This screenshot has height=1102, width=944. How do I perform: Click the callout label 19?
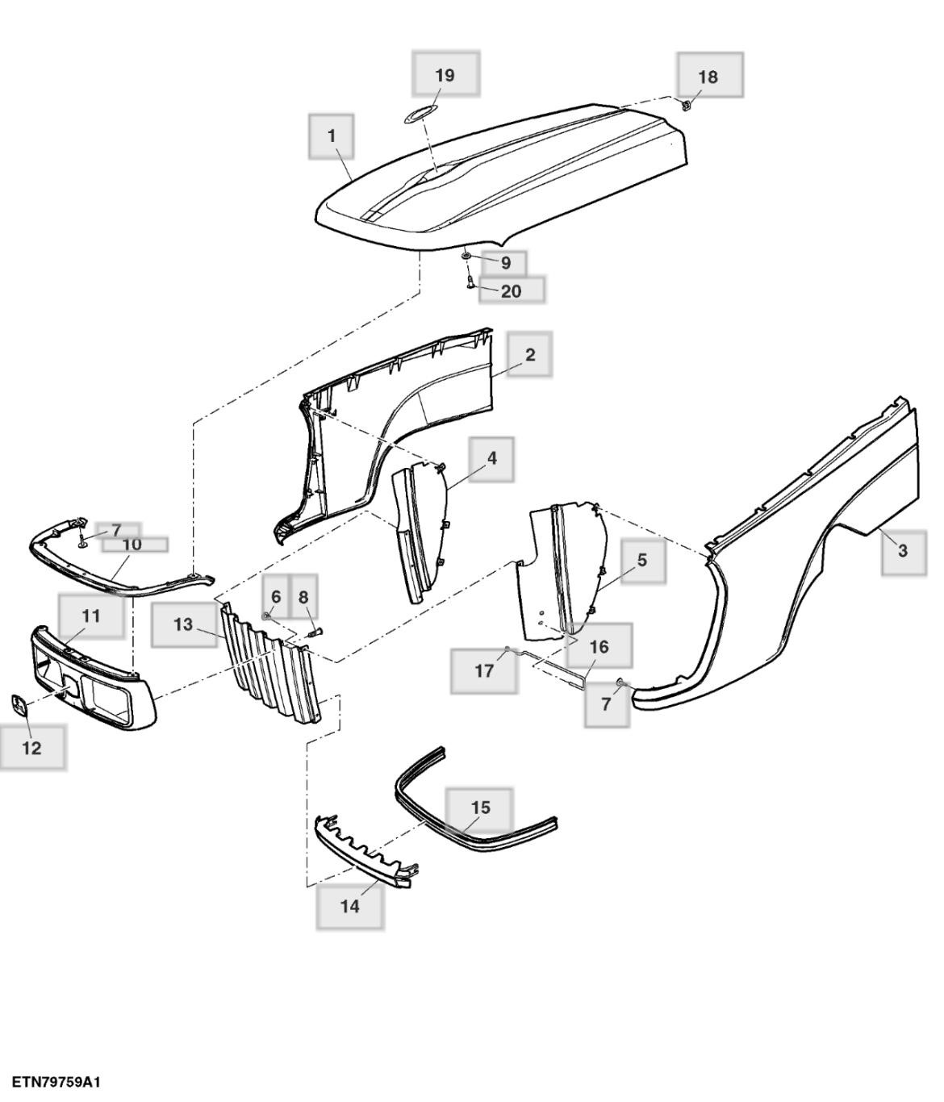click(x=445, y=75)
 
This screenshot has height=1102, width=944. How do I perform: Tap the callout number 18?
click(x=708, y=77)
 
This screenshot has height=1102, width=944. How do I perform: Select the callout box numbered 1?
click(x=332, y=136)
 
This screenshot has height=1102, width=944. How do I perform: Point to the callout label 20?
click(x=512, y=290)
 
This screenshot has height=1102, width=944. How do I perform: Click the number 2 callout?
click(x=530, y=354)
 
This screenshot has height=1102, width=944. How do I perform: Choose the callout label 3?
click(x=903, y=551)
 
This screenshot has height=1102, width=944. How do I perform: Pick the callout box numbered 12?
click(x=31, y=747)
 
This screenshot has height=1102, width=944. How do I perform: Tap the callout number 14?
click(x=349, y=906)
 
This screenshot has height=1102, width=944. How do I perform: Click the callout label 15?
click(x=480, y=808)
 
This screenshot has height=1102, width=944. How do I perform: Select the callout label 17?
click(x=484, y=670)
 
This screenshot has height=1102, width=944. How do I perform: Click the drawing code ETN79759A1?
click(x=56, y=1082)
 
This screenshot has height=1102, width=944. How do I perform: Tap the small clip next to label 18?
click(x=686, y=105)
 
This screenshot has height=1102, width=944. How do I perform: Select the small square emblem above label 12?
click(x=19, y=704)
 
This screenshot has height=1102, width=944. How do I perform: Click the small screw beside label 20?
click(x=469, y=282)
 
